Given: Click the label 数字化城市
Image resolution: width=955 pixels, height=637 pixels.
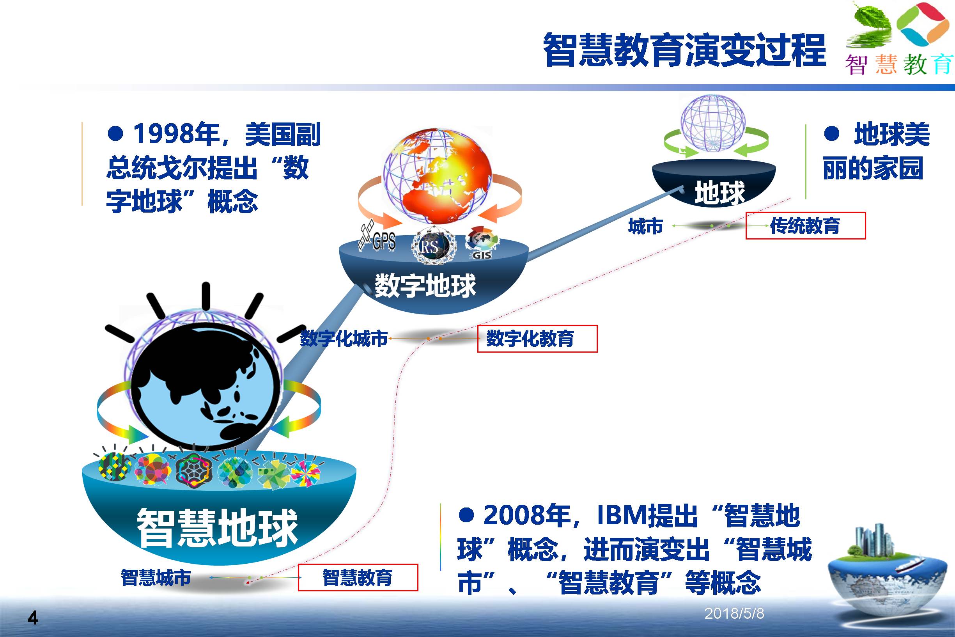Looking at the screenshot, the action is (344, 339).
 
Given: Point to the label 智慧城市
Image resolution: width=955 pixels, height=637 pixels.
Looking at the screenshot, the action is (156, 577).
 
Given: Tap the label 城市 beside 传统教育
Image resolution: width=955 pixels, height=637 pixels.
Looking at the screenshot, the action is (646, 226).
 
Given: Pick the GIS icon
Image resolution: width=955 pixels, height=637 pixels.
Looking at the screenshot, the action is (482, 244).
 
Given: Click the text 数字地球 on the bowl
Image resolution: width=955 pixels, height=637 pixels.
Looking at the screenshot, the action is (425, 286).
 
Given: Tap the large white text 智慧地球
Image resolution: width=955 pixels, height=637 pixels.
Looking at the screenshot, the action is (218, 527).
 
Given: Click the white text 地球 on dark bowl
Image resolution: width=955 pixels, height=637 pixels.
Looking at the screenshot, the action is (720, 193).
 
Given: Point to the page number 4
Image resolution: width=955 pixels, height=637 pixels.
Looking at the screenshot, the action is (32, 618).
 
